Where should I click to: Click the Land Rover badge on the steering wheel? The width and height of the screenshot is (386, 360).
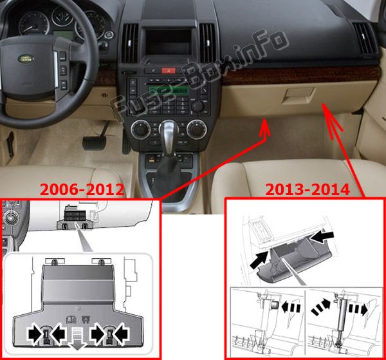pos(26,59)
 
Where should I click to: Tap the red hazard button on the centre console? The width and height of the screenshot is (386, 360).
pos(169,71)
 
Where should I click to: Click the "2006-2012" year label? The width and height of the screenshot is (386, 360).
pos(82,189)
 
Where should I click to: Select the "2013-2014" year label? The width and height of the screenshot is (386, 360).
pos(308,190)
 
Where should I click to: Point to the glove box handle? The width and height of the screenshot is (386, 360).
pos(299,95)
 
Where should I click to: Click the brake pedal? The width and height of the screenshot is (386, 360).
pos(95,143)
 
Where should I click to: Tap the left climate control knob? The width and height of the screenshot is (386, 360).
pos(140,129)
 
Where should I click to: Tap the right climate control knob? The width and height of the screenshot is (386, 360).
pos(196,129)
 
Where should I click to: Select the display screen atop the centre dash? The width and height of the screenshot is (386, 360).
pos(169,42)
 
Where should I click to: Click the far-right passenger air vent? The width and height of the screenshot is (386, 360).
pos(364,39)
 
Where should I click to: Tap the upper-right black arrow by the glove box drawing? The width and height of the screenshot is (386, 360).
pos(322,237)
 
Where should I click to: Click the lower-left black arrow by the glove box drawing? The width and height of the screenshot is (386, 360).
pos(259,261)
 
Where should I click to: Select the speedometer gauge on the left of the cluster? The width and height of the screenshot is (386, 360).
pos(33,23)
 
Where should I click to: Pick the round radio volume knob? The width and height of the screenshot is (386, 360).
pos(198,106)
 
